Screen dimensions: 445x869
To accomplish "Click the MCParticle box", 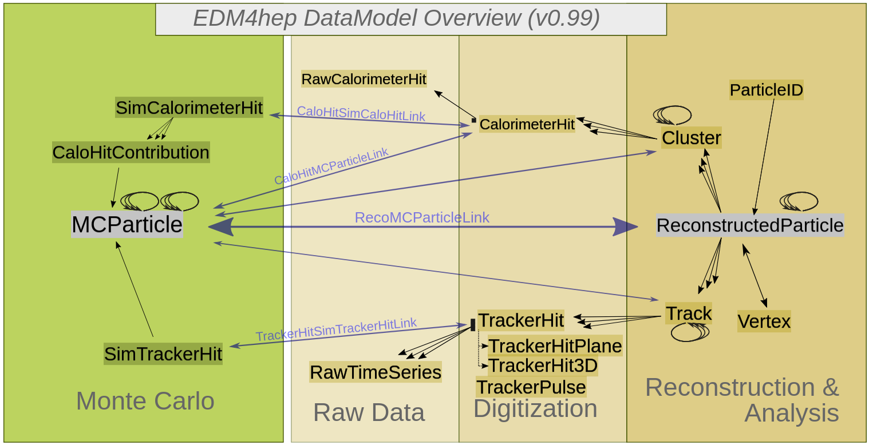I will click(x=127, y=224).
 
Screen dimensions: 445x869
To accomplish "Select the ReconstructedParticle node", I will click(x=750, y=225).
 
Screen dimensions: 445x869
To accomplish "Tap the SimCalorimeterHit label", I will click(x=189, y=108).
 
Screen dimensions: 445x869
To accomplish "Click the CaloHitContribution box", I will click(x=131, y=153).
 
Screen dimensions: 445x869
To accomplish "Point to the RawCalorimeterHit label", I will click(x=364, y=79).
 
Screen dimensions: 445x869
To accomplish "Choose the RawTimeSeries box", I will click(x=376, y=373).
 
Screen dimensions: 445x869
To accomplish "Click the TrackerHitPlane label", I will click(x=555, y=346).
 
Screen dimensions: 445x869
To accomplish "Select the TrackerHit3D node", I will click(x=543, y=365).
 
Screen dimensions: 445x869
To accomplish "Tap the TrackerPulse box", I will click(x=531, y=387).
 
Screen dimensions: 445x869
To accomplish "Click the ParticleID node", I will click(x=767, y=90).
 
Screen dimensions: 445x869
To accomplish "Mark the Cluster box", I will click(x=692, y=138).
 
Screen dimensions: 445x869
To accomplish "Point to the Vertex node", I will click(x=764, y=321).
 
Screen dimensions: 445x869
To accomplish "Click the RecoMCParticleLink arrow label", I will click(x=422, y=217).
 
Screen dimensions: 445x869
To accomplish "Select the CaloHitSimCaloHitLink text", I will click(x=361, y=113).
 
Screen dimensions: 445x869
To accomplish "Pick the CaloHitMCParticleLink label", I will click(x=331, y=166).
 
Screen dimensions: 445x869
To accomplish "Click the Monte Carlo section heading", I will click(x=145, y=401).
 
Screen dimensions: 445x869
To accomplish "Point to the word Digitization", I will click(x=535, y=408).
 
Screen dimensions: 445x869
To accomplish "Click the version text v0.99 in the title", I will click(x=563, y=19).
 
